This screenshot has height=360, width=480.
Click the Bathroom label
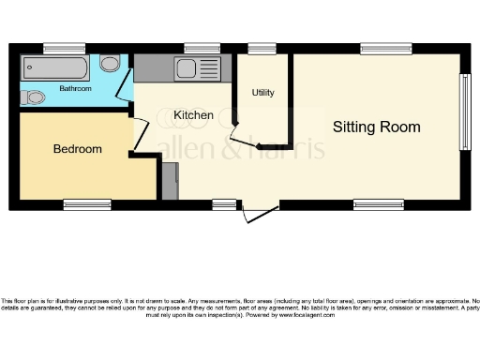pyautogui.click(x=75, y=89)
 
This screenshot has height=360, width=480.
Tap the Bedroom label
pyautogui.click(x=77, y=149)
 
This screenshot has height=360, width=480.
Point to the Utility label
pyautogui.click(x=262, y=94)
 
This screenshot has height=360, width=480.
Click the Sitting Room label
pyautogui.click(x=376, y=127)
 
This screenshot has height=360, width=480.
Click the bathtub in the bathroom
pyautogui.click(x=56, y=67)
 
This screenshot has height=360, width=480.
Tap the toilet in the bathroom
pyautogui.click(x=34, y=97)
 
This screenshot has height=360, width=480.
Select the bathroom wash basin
pyautogui.click(x=110, y=64)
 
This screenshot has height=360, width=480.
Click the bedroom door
pyautogui.click(x=140, y=137)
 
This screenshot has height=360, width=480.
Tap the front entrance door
pyautogui.click(x=260, y=215)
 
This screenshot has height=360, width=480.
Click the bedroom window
pyautogui.click(x=86, y=203)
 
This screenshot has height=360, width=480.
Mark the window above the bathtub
pyautogui.click(x=64, y=48)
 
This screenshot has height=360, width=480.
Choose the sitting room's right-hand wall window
pyautogui.click(x=464, y=111)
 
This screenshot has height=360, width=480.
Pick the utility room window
pyautogui.click(x=262, y=48)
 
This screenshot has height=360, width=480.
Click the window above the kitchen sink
pyautogui.click(x=202, y=48)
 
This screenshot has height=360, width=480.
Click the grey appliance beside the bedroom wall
pyautogui.click(x=169, y=180)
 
